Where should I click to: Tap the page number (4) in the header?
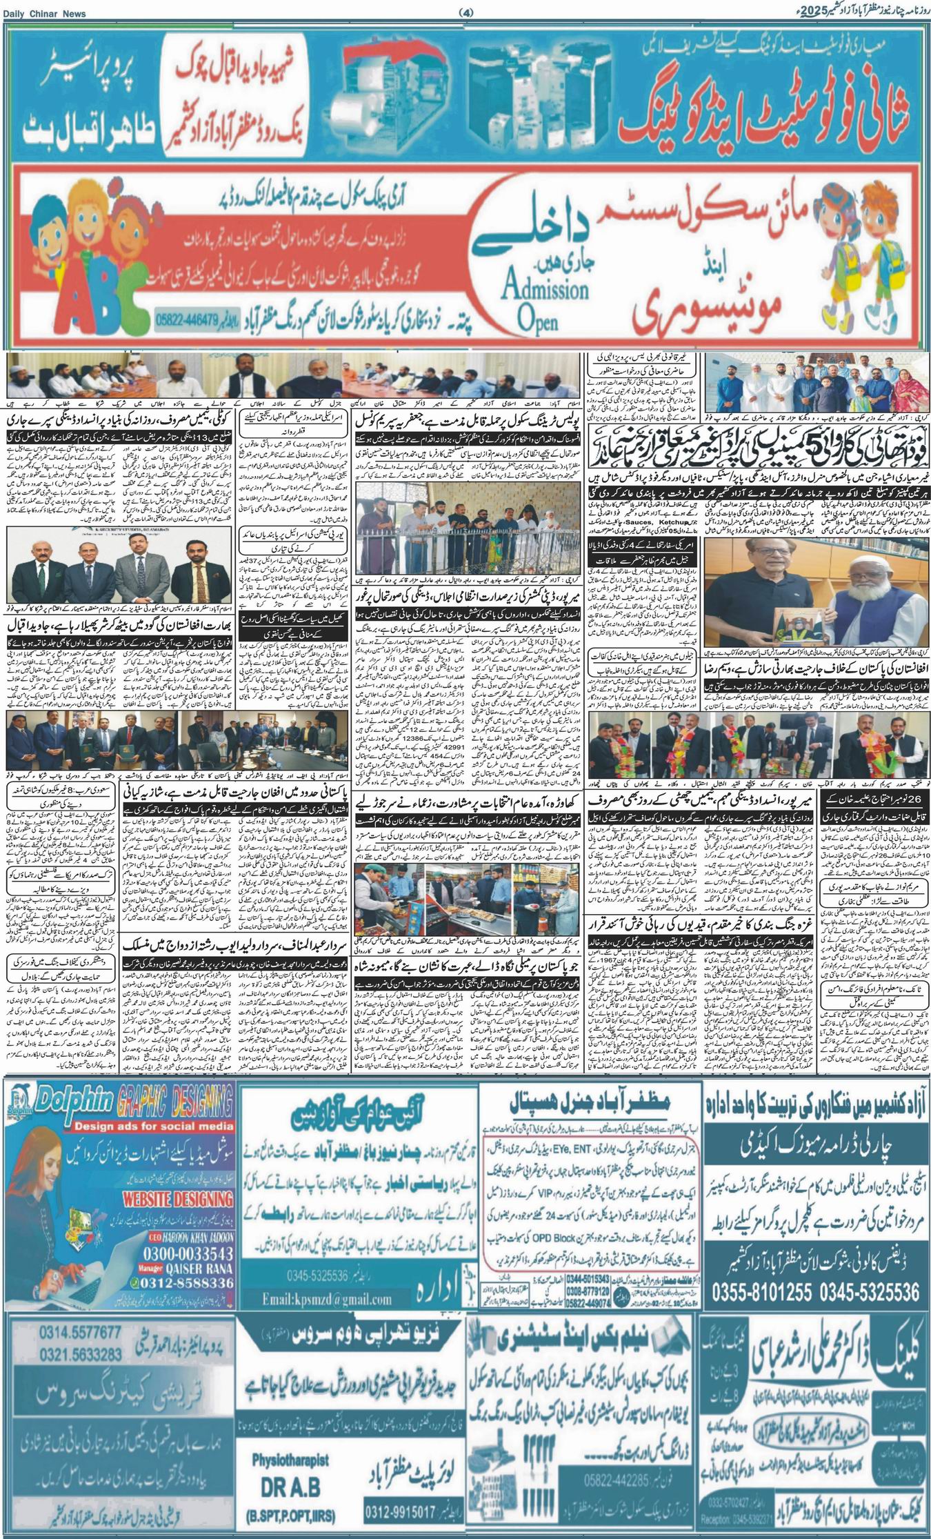(x=465, y=13)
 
